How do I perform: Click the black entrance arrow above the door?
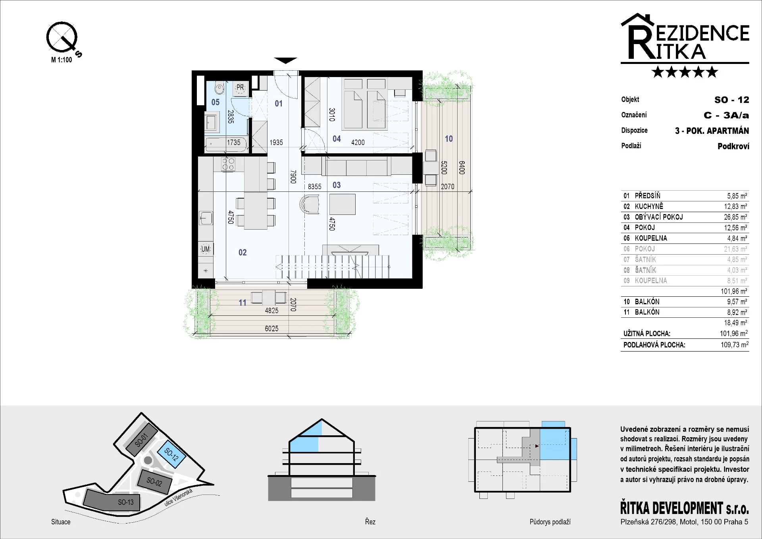[286, 60]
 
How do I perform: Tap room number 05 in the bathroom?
[216, 102]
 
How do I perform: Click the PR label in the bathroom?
[240, 87]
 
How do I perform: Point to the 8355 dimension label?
[315, 187]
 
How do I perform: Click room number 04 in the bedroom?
[337, 139]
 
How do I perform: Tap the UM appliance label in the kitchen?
[206, 249]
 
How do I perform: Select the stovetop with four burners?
[228, 164]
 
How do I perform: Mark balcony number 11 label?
[242, 303]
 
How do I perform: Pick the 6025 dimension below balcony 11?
[271, 328]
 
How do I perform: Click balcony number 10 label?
[449, 139]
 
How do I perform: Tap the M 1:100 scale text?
[62, 60]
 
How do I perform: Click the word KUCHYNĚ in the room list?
[649, 206]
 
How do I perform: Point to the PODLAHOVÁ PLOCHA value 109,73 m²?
[735, 344]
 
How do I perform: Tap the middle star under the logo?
[685, 72]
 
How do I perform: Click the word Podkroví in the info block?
[733, 146]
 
